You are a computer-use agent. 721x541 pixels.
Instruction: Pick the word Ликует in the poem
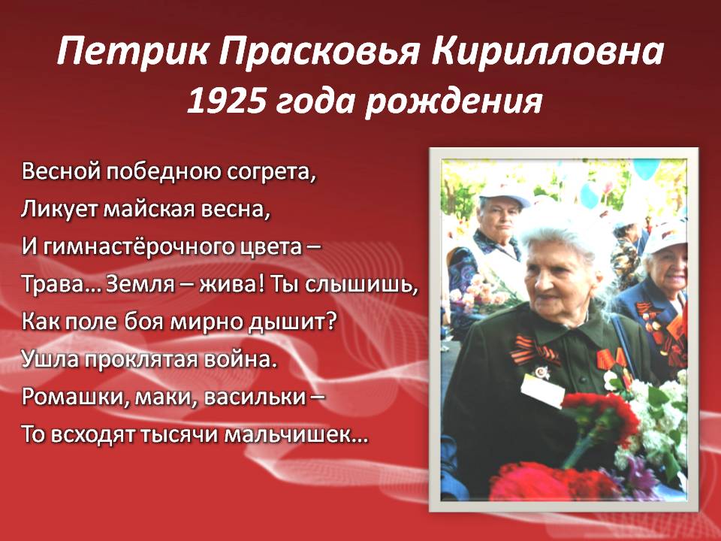[x=59, y=210]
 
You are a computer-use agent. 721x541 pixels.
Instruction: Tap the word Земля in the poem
[x=140, y=285]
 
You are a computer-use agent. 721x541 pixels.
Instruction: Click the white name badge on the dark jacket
[x=542, y=391]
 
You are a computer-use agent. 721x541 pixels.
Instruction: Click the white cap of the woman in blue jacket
[x=666, y=237]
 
